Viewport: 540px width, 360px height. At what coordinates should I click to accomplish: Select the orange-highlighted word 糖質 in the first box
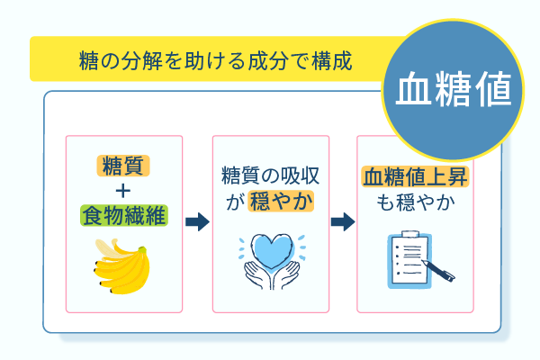[124, 165]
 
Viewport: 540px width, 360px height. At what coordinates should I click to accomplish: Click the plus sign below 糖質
[124, 190]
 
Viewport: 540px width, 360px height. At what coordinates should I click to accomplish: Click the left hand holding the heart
[257, 274]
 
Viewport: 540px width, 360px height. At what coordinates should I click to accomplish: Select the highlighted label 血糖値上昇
[417, 176]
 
